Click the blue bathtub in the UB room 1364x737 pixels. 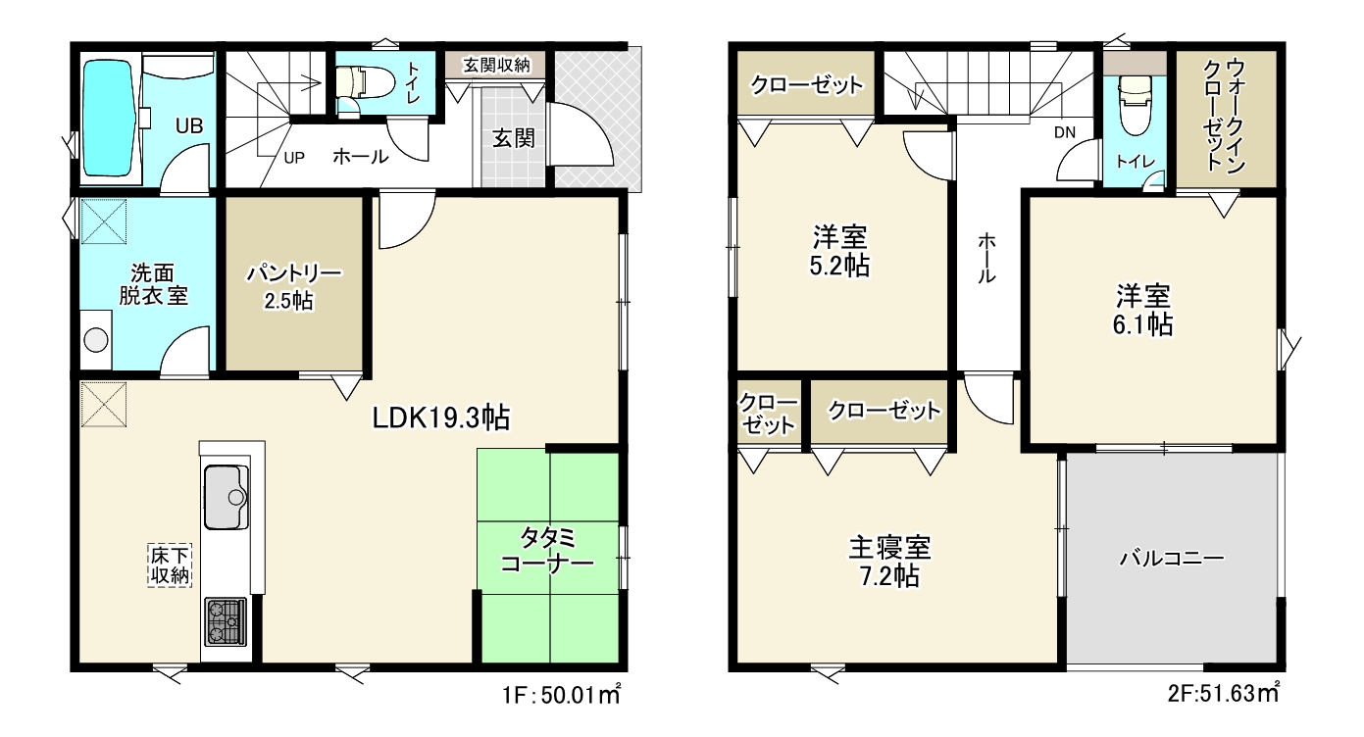tap(109, 118)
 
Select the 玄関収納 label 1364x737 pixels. tap(497, 65)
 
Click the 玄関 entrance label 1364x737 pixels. tap(513, 138)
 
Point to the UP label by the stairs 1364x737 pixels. tap(294, 158)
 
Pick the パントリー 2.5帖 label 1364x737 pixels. tap(293, 287)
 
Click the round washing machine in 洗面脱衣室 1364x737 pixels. tap(95, 340)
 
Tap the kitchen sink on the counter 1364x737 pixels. tap(226, 497)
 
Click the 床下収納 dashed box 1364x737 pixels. tap(170, 565)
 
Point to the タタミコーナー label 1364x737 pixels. tap(547, 551)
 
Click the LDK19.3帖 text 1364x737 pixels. tap(441, 418)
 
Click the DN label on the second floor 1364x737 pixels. tap(1065, 132)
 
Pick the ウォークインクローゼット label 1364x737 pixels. tap(1224, 116)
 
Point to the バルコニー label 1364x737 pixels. tap(1172, 558)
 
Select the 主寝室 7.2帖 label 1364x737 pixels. tap(889, 562)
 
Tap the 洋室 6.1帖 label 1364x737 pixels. tap(1143, 311)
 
